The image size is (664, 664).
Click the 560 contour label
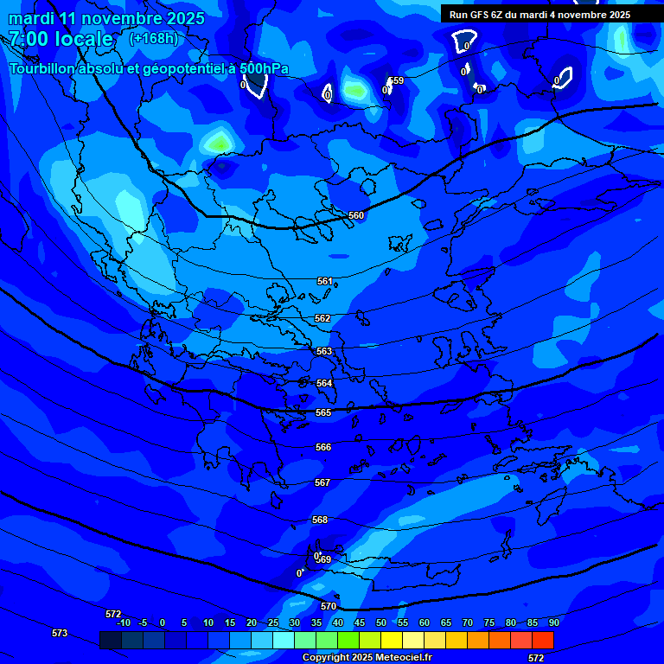pyautogui.click(x=356, y=215)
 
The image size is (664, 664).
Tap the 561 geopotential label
pyautogui.click(x=324, y=281)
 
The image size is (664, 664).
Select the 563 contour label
pyautogui.click(x=323, y=351)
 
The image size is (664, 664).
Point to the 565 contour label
pyautogui.click(x=323, y=412)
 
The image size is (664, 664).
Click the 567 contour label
pyautogui.click(x=322, y=482)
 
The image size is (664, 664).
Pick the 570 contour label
pyautogui.click(x=328, y=606)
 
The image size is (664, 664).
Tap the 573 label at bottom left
pyautogui.click(x=60, y=633)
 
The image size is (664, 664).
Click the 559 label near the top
pyautogui.click(x=396, y=80)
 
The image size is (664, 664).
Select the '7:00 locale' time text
pyautogui.click(x=61, y=39)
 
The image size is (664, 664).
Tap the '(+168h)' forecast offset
pyautogui.click(x=154, y=38)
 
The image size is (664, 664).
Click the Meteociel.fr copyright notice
pyautogui.click(x=367, y=657)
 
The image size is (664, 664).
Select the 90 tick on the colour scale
pyautogui.click(x=553, y=622)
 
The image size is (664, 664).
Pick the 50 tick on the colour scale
pyautogui.click(x=380, y=622)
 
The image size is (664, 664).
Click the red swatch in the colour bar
pyautogui.click(x=542, y=640)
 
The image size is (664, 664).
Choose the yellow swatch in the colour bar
pyautogui.click(x=391, y=640)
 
